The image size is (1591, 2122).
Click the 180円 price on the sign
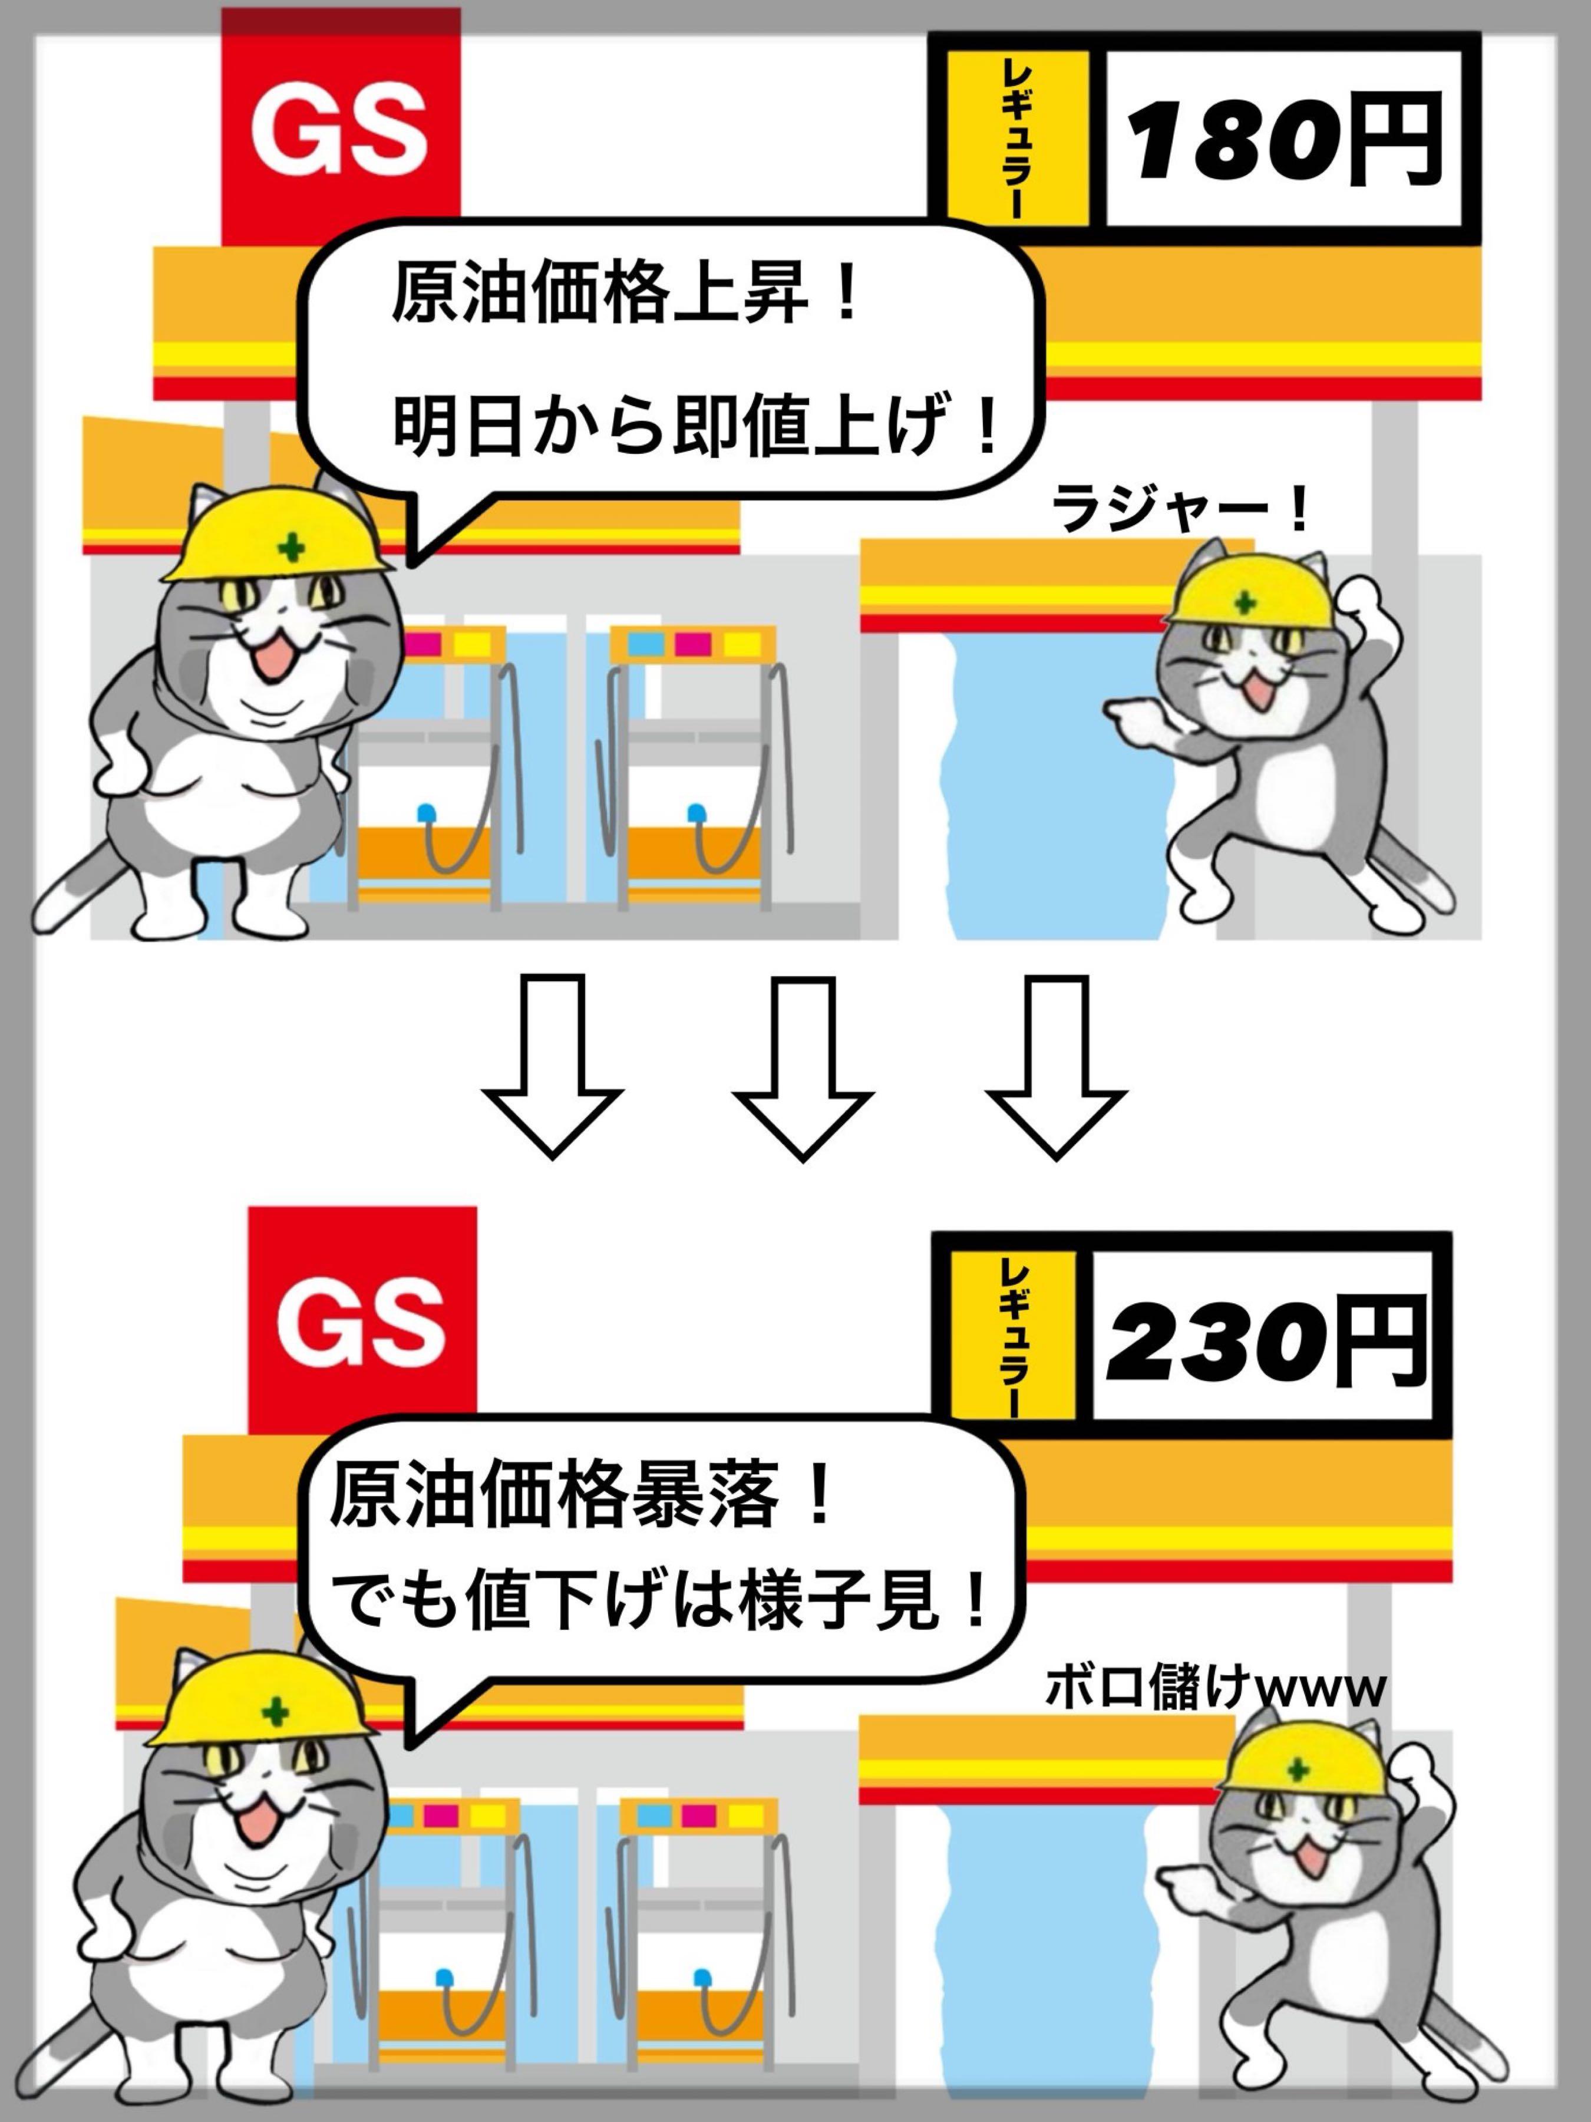coord(1285,139)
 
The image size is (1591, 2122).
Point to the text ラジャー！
coord(1180,509)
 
